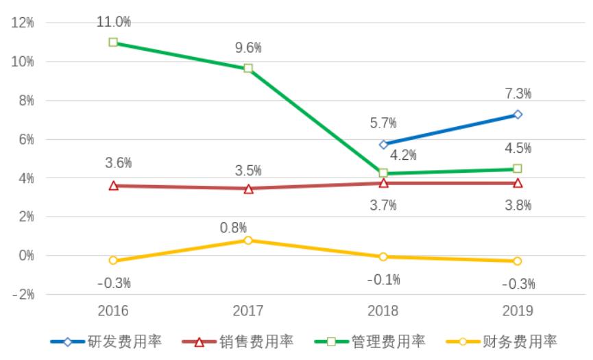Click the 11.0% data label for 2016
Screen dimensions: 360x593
(x=114, y=22)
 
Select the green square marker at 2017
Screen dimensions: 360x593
(x=248, y=69)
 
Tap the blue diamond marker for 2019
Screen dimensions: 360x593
(x=518, y=115)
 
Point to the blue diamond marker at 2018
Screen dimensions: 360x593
(x=383, y=145)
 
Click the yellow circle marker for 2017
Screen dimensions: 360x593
(x=248, y=240)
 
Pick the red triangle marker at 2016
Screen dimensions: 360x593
(x=114, y=185)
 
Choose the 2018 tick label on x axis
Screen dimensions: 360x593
(x=383, y=311)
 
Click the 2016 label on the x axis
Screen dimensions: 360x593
(x=114, y=311)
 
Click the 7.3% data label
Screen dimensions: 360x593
(x=518, y=93)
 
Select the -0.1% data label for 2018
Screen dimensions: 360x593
(x=383, y=280)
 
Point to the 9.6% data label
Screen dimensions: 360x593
(x=248, y=48)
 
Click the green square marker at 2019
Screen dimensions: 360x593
(x=518, y=169)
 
